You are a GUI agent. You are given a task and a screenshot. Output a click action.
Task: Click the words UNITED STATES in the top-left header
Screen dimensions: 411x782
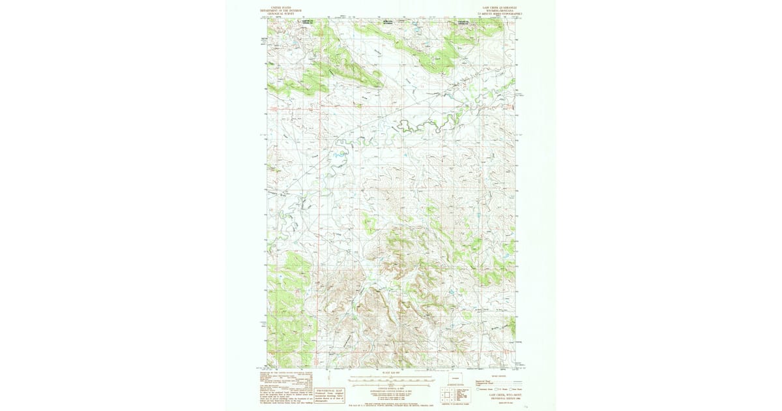281,6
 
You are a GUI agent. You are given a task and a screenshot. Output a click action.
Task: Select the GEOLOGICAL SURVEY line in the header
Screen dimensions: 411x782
281,12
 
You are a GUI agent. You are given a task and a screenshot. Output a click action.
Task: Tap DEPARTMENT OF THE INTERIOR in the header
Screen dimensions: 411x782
281,9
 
